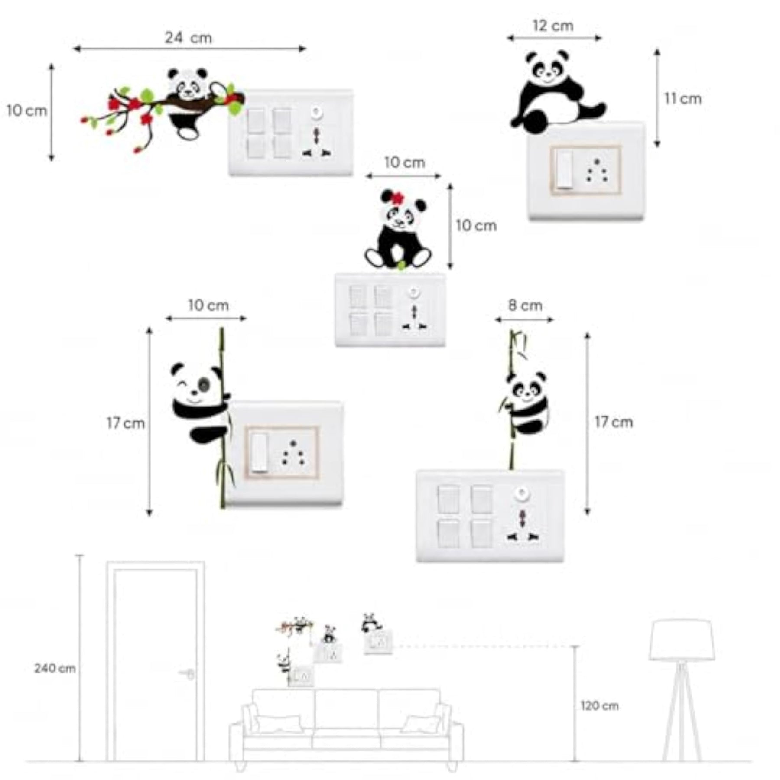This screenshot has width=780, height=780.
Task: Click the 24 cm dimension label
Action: coord(188,38)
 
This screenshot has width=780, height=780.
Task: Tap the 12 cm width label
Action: coord(553,26)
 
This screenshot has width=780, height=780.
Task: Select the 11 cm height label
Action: coord(683,99)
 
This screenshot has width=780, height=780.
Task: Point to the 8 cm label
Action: coord(525,305)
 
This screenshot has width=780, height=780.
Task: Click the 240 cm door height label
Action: coord(55,669)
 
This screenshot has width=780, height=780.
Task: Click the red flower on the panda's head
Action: coord(397,198)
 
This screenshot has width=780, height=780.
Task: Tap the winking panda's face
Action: coord(197,386)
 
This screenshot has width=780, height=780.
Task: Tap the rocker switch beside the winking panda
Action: coord(259,452)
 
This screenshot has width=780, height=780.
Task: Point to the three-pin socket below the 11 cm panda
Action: coord(597,170)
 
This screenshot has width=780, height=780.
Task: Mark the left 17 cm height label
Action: coord(126,423)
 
